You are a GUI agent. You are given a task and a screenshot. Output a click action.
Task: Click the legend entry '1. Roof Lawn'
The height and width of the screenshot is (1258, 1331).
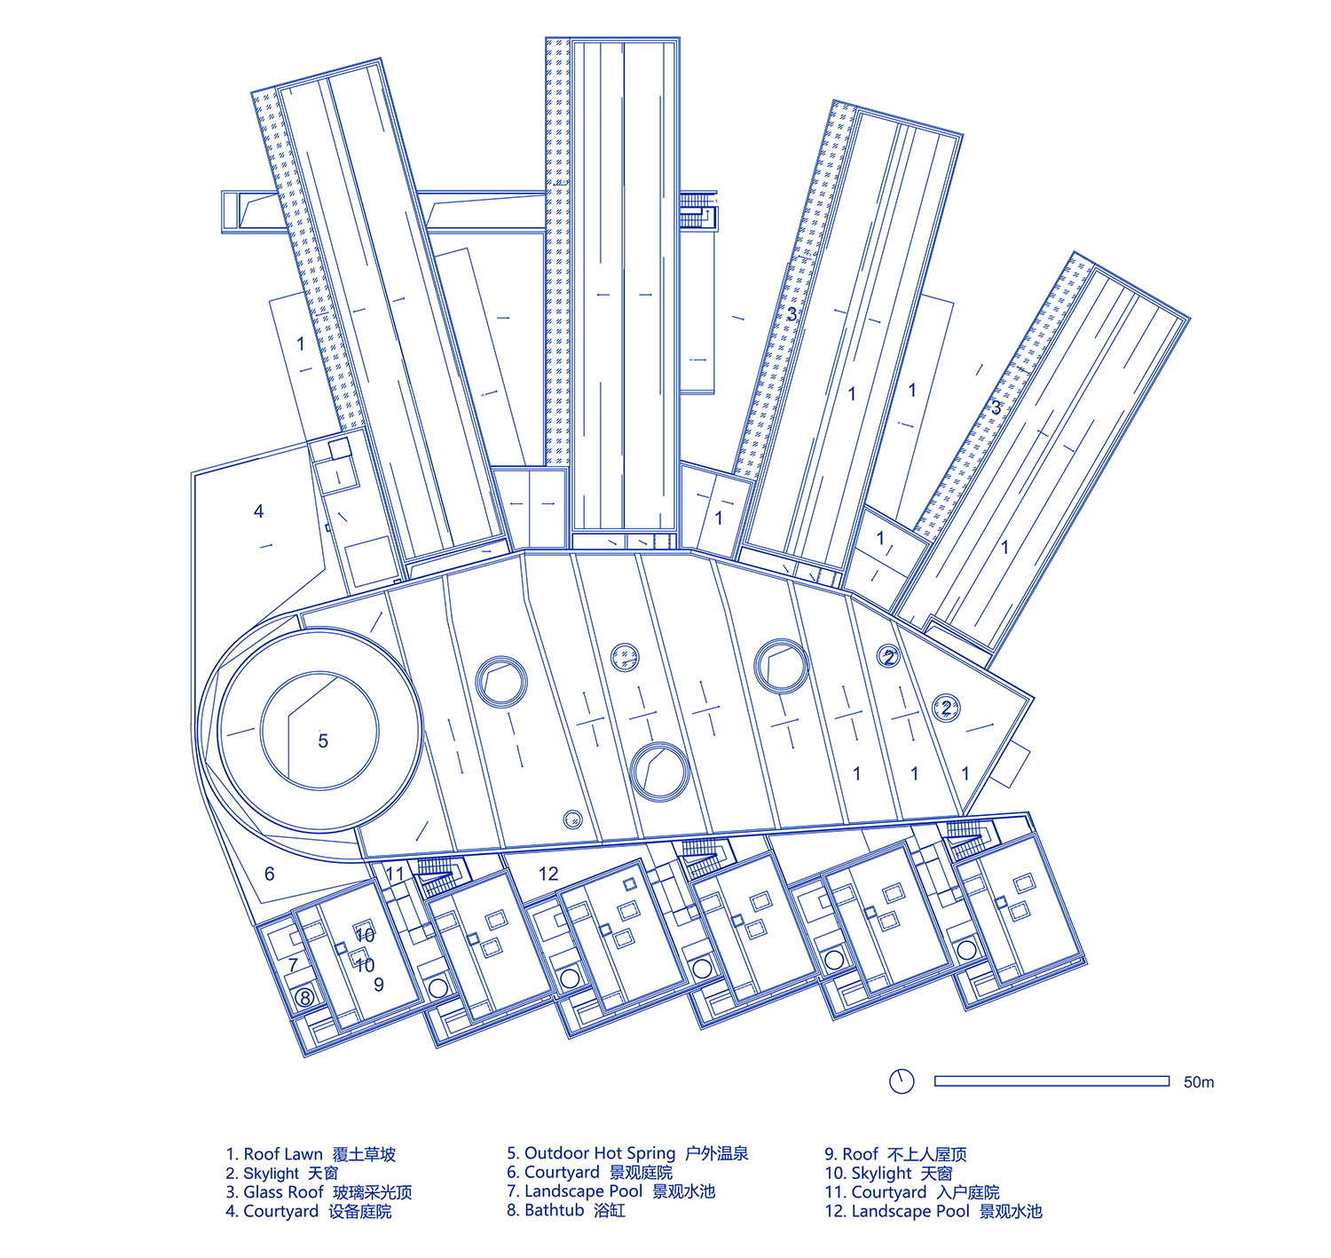point(310,1154)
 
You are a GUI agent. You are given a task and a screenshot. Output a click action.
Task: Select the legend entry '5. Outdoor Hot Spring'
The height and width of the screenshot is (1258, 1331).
point(627,1153)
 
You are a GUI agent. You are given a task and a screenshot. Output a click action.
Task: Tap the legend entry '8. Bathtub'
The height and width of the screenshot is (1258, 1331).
point(566,1210)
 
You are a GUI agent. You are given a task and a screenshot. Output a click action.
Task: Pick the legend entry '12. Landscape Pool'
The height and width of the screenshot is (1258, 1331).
point(933,1211)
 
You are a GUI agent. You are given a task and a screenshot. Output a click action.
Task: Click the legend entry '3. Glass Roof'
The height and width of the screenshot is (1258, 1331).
point(319,1192)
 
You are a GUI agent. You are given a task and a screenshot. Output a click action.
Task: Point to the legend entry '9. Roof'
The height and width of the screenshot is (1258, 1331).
point(895,1154)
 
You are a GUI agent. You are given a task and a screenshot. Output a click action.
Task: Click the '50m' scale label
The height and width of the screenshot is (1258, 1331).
point(1199,1082)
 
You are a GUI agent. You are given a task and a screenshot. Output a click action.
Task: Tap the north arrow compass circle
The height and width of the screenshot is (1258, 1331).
point(902,1081)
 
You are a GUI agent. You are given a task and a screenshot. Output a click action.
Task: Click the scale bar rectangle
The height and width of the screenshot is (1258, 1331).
point(1051,1081)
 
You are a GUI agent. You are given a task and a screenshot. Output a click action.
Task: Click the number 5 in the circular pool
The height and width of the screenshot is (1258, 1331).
point(323,740)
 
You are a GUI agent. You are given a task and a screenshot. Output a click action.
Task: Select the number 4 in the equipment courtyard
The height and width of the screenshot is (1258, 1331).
point(258,511)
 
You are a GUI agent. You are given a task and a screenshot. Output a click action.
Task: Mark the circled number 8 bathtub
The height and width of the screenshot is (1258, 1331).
point(304,998)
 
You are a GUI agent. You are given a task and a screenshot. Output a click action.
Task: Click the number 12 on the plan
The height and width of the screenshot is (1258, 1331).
point(548,874)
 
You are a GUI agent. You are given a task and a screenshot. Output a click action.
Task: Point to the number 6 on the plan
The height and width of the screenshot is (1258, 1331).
point(270,874)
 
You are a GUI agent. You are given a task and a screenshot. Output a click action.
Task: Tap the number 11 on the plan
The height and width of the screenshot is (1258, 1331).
point(395,874)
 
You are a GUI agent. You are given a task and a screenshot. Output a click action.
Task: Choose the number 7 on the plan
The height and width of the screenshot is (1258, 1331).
point(293,964)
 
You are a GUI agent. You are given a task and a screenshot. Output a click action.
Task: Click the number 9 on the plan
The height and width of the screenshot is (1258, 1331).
point(379,984)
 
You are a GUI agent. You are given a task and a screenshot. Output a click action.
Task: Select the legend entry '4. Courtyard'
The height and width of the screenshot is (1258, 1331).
point(308,1211)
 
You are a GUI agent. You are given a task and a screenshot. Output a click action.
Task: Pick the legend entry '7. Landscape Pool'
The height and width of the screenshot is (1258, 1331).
point(610,1191)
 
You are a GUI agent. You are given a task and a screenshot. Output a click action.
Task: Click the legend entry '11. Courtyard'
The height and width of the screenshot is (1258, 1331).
point(911,1192)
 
